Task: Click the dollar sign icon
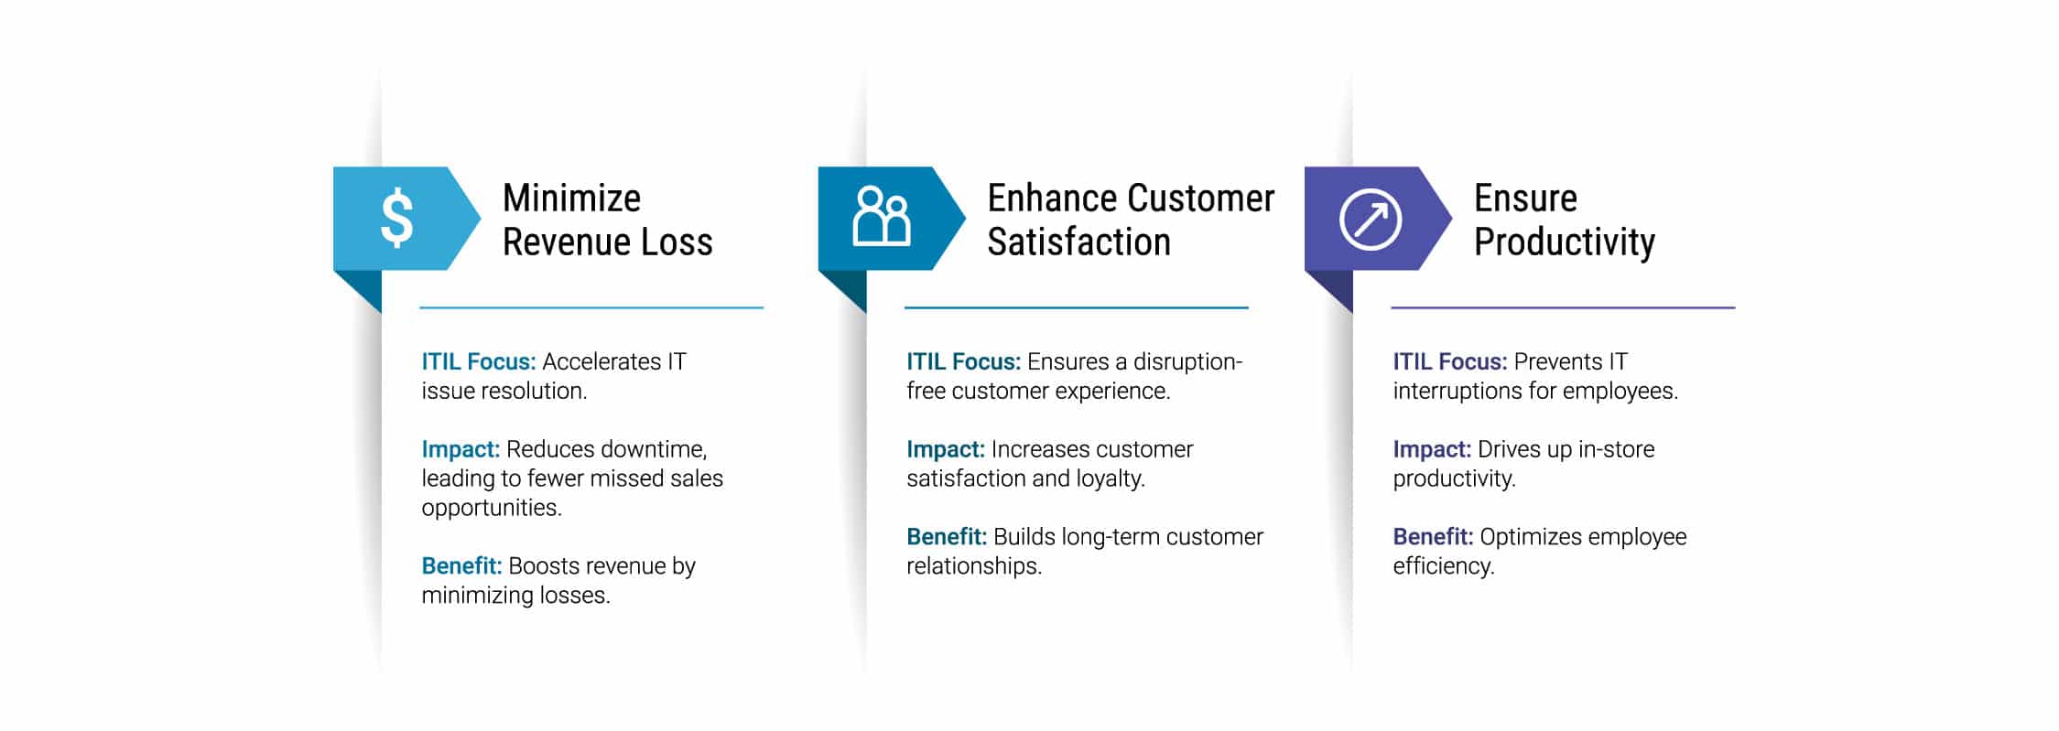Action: pos(396,218)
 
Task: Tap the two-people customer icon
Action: pos(881,217)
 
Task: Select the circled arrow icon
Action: pos(1370,220)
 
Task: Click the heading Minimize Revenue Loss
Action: pos(607,220)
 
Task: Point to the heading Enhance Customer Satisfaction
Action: pos(1131,220)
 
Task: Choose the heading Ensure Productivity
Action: pos(1564,220)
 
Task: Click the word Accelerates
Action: pos(601,361)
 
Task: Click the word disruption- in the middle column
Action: pos(1187,362)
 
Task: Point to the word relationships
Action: pos(974,566)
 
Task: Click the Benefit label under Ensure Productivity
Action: pos(1433,537)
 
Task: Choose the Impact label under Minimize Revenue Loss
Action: pos(461,450)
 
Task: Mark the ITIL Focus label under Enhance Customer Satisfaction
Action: pos(963,361)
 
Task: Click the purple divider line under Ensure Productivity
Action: pos(1563,307)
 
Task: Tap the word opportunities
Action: pos(492,509)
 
